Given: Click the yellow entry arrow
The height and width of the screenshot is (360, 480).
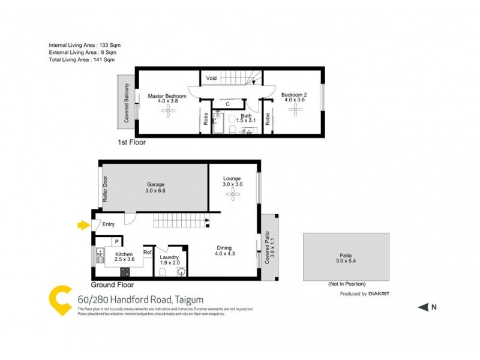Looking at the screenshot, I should [x=83, y=225].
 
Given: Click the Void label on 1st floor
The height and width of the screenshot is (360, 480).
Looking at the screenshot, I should [x=211, y=78].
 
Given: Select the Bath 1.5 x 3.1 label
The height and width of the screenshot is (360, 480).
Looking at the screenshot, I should [x=246, y=118].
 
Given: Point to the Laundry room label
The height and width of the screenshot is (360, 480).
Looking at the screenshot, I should [x=170, y=260].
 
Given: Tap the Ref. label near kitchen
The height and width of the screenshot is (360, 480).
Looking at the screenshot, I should [x=148, y=253].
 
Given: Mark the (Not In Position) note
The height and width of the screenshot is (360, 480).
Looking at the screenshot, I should [x=346, y=284].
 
